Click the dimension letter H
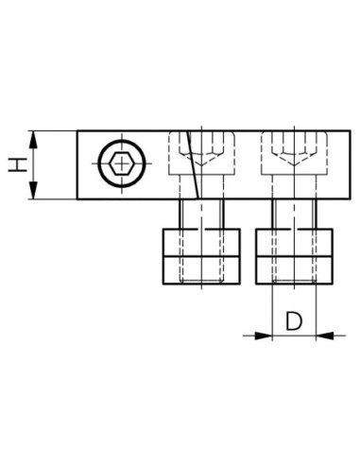click(x=18, y=165)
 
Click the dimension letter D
click(x=294, y=321)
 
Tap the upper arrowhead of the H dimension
click(x=33, y=140)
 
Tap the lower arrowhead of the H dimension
click(x=33, y=190)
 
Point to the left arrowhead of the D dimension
click(x=263, y=336)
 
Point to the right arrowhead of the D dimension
click(x=324, y=336)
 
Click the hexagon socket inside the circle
click(x=122, y=164)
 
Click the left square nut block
click(x=201, y=256)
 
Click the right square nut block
click(x=294, y=256)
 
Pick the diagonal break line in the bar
click(x=193, y=164)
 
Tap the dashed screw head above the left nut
click(x=201, y=153)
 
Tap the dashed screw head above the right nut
click(x=294, y=153)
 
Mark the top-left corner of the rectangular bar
click(x=77, y=130)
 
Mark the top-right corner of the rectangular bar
click(x=350, y=130)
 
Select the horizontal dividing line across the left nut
click(x=201, y=256)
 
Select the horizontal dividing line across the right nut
click(x=294, y=256)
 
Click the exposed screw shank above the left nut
click(x=201, y=215)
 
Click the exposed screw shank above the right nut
click(x=294, y=215)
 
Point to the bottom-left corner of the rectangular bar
click(x=77, y=199)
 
